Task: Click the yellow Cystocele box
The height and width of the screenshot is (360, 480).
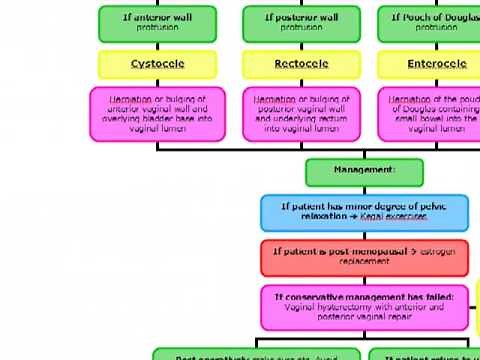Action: [x=157, y=64]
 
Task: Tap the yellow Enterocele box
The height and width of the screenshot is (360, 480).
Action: [x=430, y=64]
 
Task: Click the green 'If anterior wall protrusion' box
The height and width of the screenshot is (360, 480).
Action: [x=157, y=22]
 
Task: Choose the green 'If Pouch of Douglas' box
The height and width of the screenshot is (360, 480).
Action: [x=430, y=22]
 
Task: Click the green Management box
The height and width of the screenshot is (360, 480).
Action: [x=364, y=171]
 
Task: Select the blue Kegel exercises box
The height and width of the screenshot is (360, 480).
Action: [x=364, y=212]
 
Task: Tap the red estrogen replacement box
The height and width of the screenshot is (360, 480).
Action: [x=364, y=256]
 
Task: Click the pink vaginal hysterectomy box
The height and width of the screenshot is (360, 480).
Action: [x=364, y=307]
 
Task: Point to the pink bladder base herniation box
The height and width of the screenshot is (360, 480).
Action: [x=157, y=113]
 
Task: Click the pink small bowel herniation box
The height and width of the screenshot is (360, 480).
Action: [x=430, y=113]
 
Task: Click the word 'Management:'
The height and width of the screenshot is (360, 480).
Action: [x=364, y=170]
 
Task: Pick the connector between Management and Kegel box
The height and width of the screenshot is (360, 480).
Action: [x=364, y=190]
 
